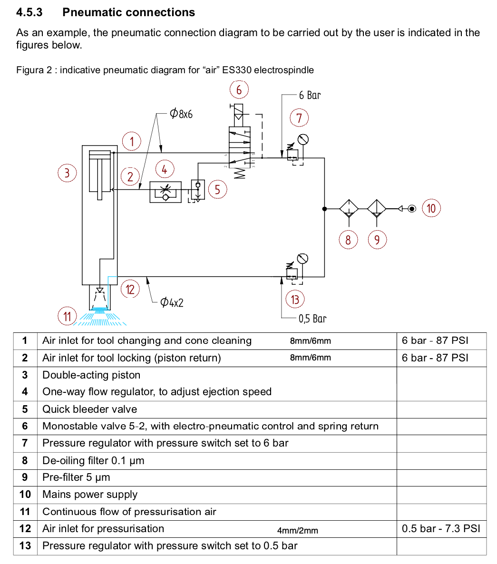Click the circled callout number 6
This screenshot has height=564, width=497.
[239, 89]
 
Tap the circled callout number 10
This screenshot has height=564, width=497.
[431, 208]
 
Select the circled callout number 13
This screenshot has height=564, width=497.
[295, 300]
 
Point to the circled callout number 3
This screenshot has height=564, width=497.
[67, 173]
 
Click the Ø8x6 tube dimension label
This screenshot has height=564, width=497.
[181, 114]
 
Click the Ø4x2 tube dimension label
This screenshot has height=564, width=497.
[172, 302]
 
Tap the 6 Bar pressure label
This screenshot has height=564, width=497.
[310, 95]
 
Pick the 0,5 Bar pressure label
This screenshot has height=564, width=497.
[312, 319]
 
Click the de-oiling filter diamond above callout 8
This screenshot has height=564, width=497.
[349, 209]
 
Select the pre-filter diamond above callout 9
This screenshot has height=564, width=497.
[377, 209]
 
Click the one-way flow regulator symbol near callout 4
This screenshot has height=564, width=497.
[165, 191]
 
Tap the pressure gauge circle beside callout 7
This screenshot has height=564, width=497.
[303, 139]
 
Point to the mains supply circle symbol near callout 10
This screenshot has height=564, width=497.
[411, 208]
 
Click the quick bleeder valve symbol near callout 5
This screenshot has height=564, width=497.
[198, 189]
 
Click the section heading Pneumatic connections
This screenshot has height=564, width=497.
[128, 12]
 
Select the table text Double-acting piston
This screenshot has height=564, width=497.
[91, 375]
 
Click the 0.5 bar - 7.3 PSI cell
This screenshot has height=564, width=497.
[441, 528]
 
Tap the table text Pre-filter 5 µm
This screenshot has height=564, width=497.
[76, 477]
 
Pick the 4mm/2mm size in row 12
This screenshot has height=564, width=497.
[298, 530]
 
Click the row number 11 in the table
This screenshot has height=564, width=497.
[25, 512]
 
